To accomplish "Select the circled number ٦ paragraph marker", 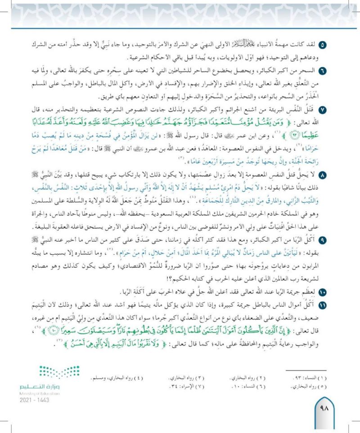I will [321, 71].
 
